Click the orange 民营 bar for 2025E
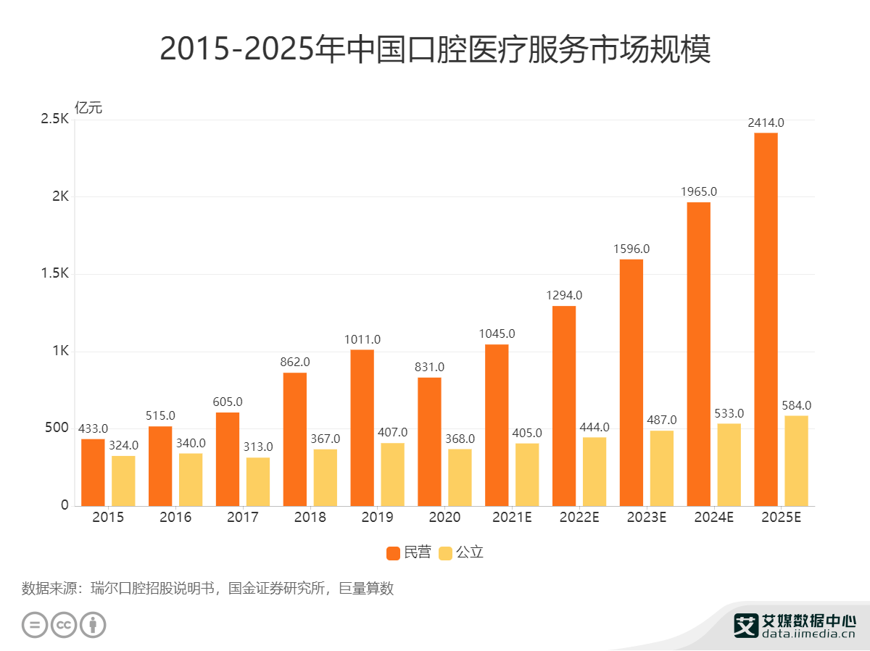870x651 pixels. coord(766,319)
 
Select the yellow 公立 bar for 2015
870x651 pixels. coord(123,480)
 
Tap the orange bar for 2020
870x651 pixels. coord(429,441)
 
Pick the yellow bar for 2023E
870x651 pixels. coord(661,468)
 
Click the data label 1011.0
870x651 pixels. coord(362,339)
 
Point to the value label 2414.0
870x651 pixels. coord(766,123)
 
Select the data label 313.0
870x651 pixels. coord(257,447)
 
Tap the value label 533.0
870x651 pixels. coord(729,413)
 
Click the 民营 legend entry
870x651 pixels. coord(409,552)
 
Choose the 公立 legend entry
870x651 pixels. coord(462,552)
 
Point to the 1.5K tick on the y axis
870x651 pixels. coord(54,274)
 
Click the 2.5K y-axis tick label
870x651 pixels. coord(54,119)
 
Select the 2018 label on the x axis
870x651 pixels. coord(310,518)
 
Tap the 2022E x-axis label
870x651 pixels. coord(579,518)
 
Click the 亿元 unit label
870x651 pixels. coord(88,108)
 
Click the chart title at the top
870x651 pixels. coord(435,50)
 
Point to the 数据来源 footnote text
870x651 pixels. coord(207,588)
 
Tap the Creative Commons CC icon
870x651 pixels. coord(64,624)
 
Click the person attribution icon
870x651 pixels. coord(93,624)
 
